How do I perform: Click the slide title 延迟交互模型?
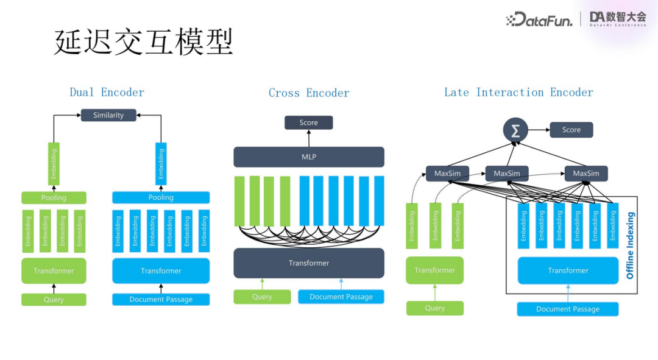[144, 41]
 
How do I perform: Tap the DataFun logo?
[539, 20]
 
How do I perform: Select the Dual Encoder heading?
[107, 93]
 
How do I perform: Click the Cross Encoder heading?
[309, 93]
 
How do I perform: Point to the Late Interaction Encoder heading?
[518, 93]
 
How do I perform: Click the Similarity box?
[108, 115]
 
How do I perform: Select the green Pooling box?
[54, 198]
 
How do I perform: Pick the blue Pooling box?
[161, 198]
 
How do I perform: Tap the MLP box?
[309, 157]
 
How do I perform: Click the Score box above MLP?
[309, 123]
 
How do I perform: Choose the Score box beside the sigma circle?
[571, 130]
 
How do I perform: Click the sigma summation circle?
[515, 130]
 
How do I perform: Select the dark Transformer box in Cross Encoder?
[309, 263]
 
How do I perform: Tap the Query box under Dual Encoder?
[54, 300]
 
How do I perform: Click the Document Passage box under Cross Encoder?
[341, 297]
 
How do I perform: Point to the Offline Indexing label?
[631, 245]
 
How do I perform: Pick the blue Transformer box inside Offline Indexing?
[568, 270]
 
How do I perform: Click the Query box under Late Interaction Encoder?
[434, 308]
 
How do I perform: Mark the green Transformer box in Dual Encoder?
[54, 271]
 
